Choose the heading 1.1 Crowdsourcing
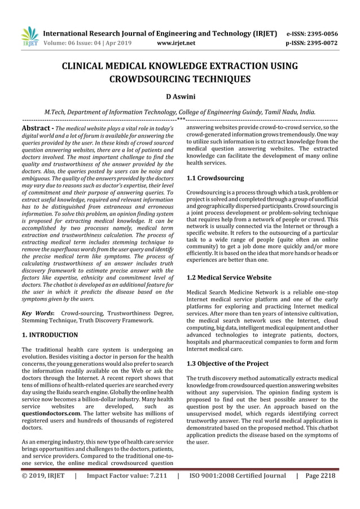(x=215, y=178)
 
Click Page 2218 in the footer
(x=320, y=476)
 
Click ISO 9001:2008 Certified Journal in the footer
(x=238, y=476)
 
